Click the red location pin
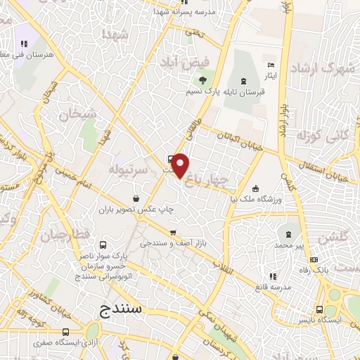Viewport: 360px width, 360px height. [180, 165]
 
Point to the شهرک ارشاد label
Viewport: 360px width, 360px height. [324, 68]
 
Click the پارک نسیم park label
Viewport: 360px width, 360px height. [205, 92]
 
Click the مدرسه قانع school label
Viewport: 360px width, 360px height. [273, 288]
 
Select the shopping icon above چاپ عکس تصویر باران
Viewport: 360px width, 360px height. [145, 198]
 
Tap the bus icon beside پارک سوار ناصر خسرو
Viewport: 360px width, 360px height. [103, 245]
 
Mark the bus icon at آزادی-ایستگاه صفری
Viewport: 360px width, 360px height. [65, 332]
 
